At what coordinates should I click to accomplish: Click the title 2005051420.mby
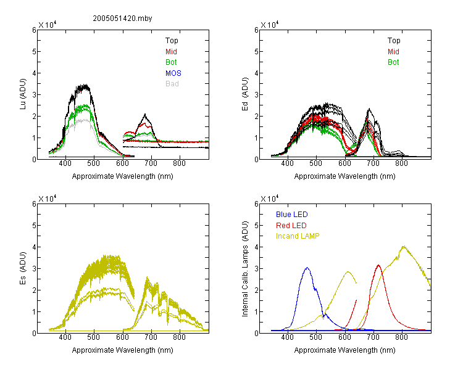122,18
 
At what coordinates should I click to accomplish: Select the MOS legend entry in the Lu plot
173,73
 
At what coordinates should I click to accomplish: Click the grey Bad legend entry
172,84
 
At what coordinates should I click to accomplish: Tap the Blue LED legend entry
292,215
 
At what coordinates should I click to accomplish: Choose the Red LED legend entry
291,226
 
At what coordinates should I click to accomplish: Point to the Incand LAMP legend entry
298,236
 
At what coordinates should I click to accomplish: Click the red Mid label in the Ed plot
393,52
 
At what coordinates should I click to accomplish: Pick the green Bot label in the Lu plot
171,62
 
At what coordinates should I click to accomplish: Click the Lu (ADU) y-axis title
23,94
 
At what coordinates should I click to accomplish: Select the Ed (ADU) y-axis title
245,94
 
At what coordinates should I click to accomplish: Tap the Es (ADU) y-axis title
23,268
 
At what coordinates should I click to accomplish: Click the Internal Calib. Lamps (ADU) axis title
245,269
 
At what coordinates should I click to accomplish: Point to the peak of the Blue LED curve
307,268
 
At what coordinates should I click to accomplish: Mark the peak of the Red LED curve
378,265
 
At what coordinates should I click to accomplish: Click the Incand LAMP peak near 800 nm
404,247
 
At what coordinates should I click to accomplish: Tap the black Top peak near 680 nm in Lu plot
145,114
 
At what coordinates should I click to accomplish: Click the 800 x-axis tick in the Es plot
179,337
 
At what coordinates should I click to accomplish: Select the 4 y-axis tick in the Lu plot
34,73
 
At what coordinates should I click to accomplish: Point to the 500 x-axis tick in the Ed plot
316,163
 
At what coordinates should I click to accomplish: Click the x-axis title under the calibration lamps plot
344,350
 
